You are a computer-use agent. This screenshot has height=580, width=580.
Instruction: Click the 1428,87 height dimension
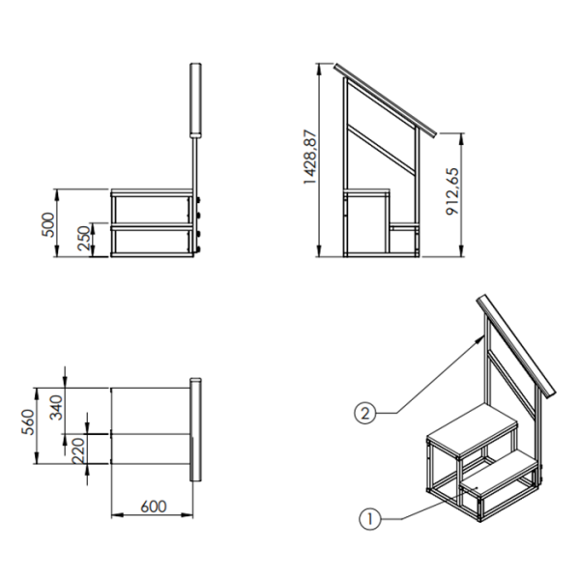pos(309,157)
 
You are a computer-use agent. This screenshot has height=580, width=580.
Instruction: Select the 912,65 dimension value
pos(452,191)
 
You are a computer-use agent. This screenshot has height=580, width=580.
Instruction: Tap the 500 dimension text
pos(48,224)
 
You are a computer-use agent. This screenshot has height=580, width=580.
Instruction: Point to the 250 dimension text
pos(84,238)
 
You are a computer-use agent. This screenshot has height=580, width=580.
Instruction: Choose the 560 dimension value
pos(28,422)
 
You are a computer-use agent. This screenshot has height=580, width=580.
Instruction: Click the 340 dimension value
pos(57,408)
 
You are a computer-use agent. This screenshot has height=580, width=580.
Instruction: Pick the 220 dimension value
pos(78,450)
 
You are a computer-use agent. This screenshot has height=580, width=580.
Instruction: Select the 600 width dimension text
pos(154,507)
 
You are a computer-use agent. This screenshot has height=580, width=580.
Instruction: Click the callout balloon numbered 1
pos(369,519)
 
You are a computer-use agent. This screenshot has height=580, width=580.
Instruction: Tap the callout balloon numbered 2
pos(365,413)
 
